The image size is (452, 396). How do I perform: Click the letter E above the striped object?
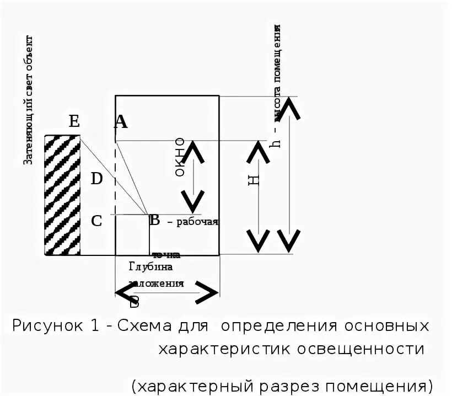click(74, 121)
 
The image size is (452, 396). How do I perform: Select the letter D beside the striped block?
click(96, 178)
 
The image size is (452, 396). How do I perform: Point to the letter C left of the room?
click(96, 221)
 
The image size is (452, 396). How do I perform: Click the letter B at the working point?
click(155, 221)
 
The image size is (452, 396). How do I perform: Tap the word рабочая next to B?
click(197, 222)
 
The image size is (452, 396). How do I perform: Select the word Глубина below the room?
click(151, 267)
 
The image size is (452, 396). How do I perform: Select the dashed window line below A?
click(115, 176)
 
